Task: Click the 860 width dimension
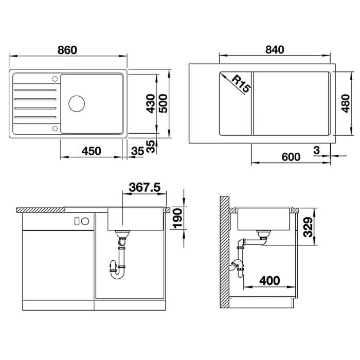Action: pos(67,50)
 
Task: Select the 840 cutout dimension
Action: pos(275,50)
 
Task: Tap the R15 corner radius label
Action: pos(241,84)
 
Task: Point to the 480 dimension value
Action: pos(345,103)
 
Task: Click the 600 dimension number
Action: pos(291,157)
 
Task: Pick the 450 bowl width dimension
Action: pos(92,151)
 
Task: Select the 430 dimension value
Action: pos(151,103)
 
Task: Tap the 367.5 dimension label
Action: pos(145,187)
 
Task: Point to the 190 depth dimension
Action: pos(177,219)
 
